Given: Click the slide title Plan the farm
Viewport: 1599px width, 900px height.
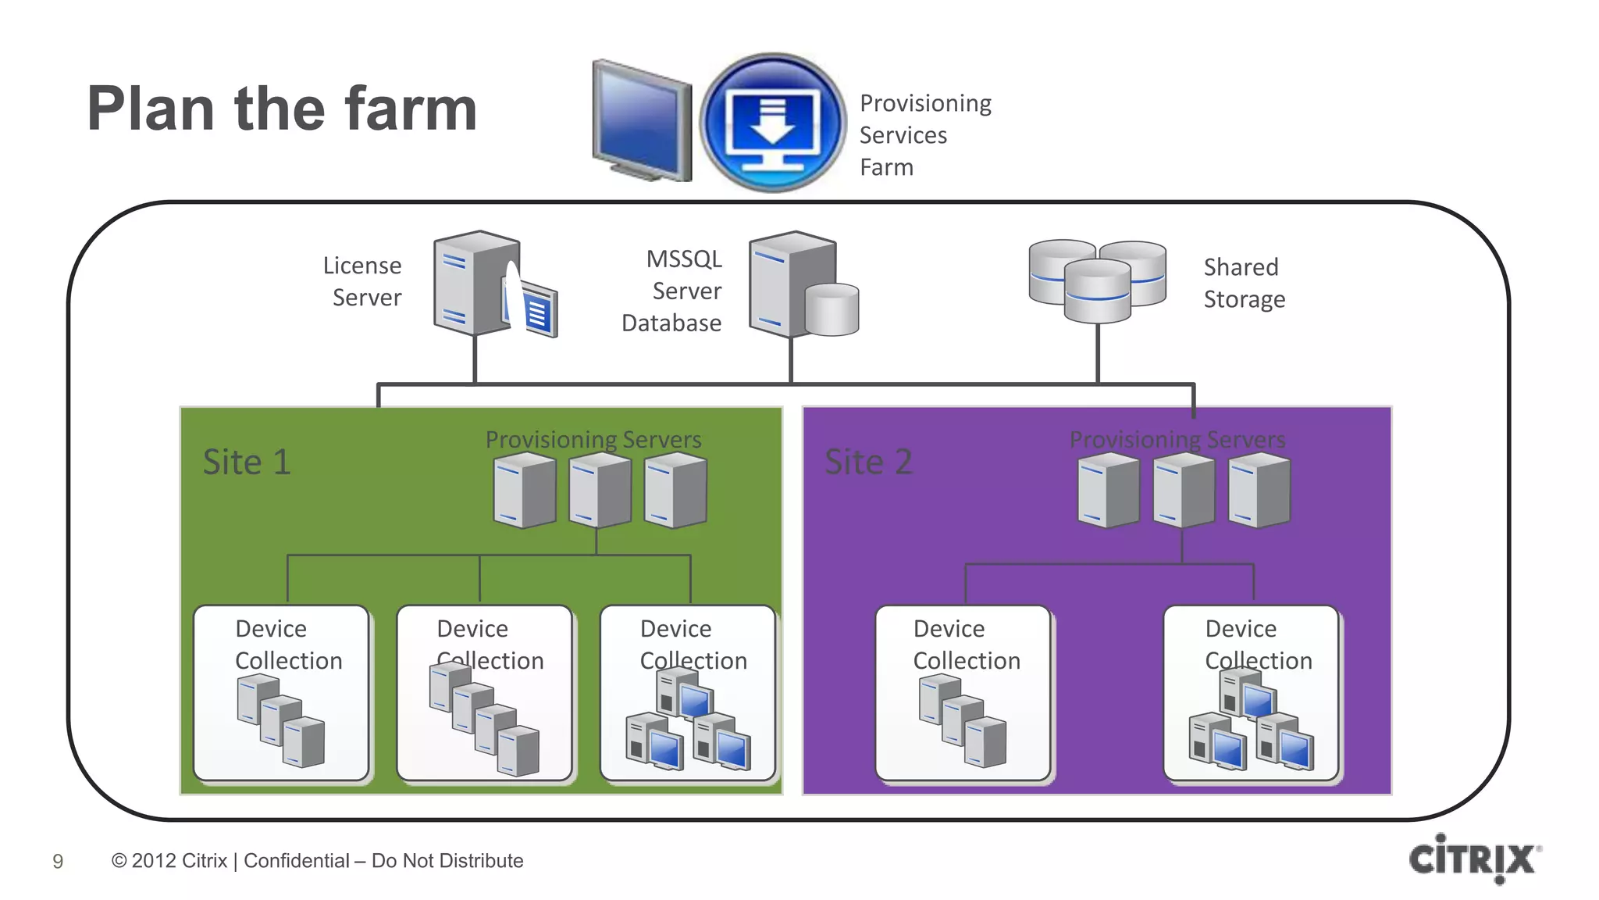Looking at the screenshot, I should [282, 109].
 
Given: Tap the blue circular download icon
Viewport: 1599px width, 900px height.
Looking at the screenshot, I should [772, 123].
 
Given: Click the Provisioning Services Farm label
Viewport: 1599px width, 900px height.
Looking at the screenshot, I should [924, 135].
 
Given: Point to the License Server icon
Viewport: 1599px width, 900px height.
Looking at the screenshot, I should [492, 284].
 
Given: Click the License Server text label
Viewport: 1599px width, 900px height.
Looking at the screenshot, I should [363, 281].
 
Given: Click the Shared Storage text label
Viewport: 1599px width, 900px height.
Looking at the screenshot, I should [1243, 283].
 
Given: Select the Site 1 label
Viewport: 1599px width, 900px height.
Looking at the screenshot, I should [247, 462].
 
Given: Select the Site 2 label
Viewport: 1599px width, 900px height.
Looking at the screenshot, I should [868, 462].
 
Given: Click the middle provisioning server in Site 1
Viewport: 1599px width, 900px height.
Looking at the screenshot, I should [599, 491].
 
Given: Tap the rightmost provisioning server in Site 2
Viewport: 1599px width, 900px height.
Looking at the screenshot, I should [1259, 491].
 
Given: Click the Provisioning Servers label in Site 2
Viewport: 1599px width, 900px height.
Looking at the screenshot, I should [1177, 440].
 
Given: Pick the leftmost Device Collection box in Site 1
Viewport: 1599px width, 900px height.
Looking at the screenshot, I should [281, 692].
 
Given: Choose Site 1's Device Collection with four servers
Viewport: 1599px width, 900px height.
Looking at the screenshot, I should [484, 692].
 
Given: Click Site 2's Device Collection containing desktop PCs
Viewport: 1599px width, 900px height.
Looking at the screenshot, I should [1251, 692].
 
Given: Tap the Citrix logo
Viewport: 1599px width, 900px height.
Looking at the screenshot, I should [1473, 859].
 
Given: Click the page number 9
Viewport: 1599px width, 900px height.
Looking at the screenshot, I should [58, 861].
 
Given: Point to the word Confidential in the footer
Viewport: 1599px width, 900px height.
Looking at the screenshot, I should [297, 861].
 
